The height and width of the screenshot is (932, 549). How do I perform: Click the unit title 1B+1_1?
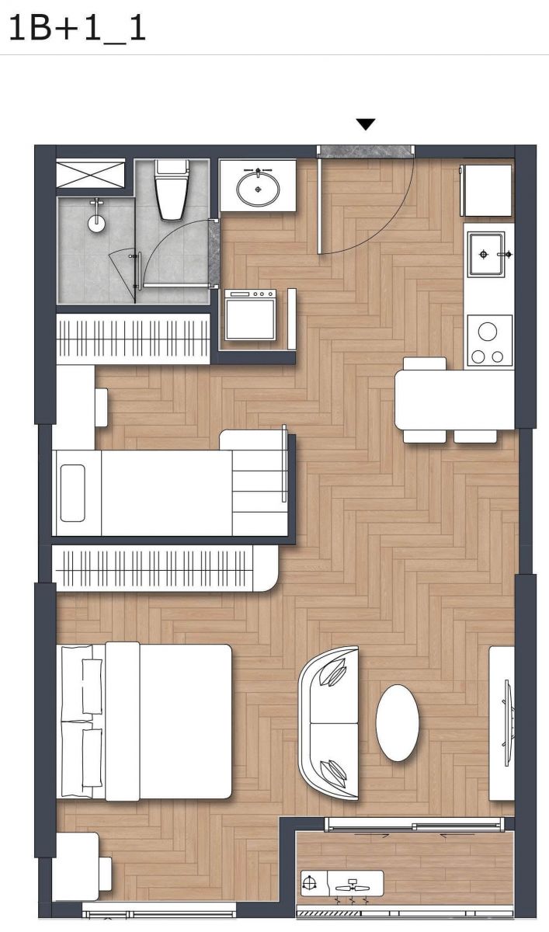click(x=78, y=28)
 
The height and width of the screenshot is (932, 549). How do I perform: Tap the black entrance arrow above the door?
click(x=366, y=124)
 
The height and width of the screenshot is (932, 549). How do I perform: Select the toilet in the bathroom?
click(x=172, y=190)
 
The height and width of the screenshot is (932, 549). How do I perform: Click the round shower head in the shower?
click(x=96, y=223)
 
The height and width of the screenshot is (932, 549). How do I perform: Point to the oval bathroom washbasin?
click(x=259, y=189)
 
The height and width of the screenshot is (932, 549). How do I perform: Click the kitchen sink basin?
click(x=486, y=254)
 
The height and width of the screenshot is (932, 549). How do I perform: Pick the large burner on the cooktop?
click(x=488, y=332)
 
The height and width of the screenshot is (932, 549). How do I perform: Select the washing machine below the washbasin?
click(x=250, y=315)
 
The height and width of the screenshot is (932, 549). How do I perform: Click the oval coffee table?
click(x=398, y=723)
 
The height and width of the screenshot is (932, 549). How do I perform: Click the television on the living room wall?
click(x=508, y=723)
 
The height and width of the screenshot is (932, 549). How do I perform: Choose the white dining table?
click(x=454, y=399)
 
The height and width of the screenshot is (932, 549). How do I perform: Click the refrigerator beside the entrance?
click(x=487, y=190)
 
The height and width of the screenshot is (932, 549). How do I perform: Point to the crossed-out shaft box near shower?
click(x=90, y=173)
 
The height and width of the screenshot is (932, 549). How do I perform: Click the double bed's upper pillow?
click(x=92, y=686)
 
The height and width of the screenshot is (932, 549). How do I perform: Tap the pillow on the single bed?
click(x=72, y=493)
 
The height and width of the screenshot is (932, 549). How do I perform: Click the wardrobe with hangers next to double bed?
click(x=165, y=569)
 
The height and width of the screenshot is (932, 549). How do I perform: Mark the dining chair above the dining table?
click(x=424, y=363)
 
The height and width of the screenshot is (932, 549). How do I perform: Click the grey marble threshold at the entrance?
click(x=366, y=151)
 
